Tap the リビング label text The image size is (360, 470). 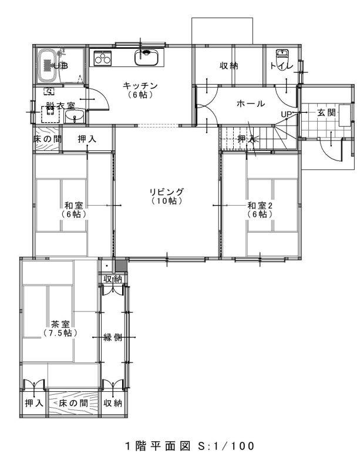point(166,192)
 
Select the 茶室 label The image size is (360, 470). point(60,324)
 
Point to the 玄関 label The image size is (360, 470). point(327,112)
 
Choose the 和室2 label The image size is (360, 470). point(260,206)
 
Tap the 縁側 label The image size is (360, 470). point(113,337)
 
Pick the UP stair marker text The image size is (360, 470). point(287,113)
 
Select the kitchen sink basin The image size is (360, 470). point(145,58)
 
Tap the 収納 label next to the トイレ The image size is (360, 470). point(229,66)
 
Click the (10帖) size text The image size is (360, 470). point(166,201)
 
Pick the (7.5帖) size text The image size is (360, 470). point(60,333)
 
